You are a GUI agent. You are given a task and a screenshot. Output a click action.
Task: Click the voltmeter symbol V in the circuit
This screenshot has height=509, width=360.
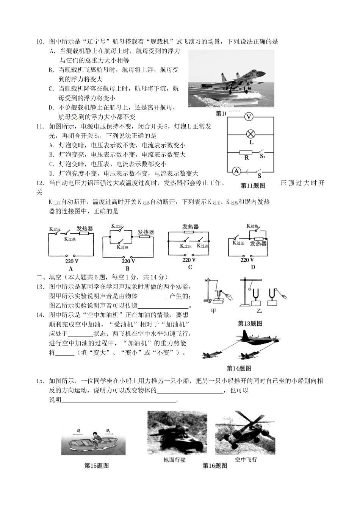coord(248,117)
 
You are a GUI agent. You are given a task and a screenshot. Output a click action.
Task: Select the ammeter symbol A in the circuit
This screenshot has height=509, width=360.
coord(236,172)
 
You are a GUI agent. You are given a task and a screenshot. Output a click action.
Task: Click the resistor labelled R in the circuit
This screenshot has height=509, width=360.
coord(246,152)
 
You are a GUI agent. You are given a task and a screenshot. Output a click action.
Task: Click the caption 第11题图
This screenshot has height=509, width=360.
coord(253,186)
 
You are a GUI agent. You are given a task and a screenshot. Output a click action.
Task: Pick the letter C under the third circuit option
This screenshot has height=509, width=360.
coord(190,267)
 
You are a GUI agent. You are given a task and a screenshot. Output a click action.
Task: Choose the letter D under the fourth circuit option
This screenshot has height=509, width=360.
coord(253,267)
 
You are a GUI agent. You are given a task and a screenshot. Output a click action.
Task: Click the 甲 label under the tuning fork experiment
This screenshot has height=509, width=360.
coord(214,311)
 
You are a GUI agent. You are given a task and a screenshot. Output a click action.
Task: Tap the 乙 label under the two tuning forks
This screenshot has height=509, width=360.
coord(259,311)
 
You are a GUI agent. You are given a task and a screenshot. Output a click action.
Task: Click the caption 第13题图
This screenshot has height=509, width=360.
coord(250,323)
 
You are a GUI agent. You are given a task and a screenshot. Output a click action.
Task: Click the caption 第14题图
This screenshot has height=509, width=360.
coord(239,368)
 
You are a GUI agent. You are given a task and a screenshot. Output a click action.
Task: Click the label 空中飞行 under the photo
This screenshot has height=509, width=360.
coord(246,460)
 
